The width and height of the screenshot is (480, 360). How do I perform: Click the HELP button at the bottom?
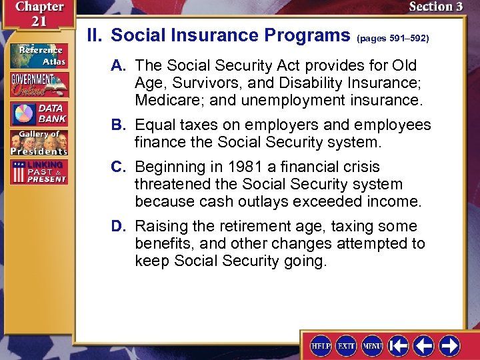pos(321,345)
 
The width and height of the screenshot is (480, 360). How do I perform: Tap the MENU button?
pos(372,345)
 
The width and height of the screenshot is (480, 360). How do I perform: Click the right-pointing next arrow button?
pos(449,345)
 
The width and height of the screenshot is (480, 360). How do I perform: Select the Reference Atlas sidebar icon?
pos(38,55)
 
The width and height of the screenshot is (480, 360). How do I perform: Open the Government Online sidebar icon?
pos(38,83)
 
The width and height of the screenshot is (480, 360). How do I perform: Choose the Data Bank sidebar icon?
pos(38,112)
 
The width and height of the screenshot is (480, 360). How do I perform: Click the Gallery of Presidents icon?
pos(38,142)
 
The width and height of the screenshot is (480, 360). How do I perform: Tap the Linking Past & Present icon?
pos(38,171)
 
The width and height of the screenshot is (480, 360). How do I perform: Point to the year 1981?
pos(241,167)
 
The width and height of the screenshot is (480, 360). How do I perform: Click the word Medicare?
pos(164,101)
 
